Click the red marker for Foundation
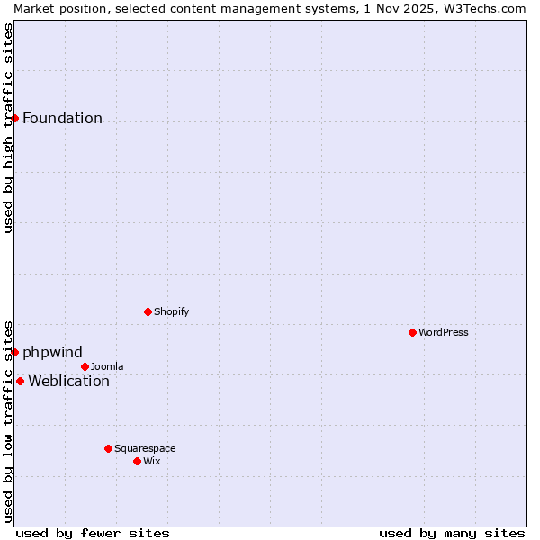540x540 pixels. [15, 118]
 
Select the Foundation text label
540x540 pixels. [62, 119]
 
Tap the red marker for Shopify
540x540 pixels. [148, 311]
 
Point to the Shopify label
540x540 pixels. [171, 311]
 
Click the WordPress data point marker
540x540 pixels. [412, 332]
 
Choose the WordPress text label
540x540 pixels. [443, 332]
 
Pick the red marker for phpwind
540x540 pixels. [15, 352]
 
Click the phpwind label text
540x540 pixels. [52, 352]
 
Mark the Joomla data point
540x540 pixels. [85, 366]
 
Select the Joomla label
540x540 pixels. [107, 366]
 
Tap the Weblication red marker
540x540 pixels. [20, 381]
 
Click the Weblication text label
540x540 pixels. [68, 381]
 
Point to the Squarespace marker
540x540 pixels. [108, 448]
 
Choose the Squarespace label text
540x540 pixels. [145, 448]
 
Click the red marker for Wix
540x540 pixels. [137, 461]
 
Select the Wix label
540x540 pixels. [152, 461]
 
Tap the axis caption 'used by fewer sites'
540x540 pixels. [93, 533]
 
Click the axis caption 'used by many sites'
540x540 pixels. [452, 533]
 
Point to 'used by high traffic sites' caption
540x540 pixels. [8, 128]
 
